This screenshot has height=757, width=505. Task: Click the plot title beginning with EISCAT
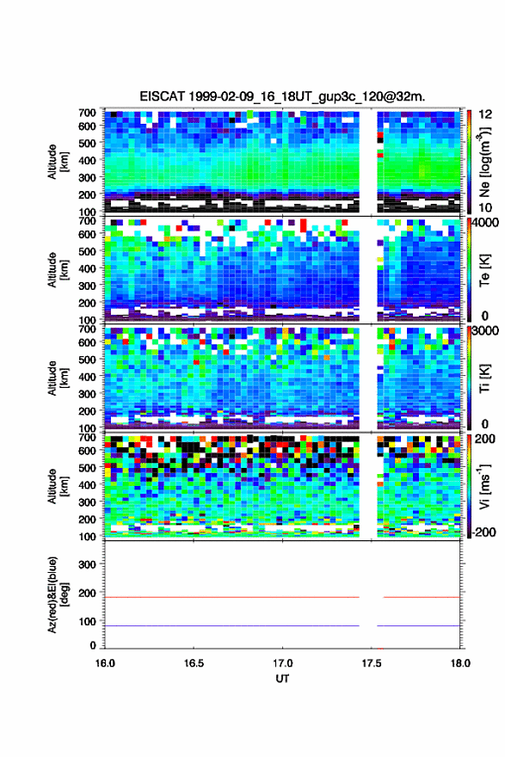click(282, 96)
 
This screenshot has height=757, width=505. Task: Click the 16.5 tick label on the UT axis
click(193, 663)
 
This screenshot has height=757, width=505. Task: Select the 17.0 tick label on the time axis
click(282, 663)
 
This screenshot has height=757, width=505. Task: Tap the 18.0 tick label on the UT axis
click(460, 663)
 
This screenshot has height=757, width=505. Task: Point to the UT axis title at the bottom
click(282, 679)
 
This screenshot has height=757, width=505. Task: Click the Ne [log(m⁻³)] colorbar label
click(484, 162)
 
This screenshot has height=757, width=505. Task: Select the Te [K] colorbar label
click(484, 271)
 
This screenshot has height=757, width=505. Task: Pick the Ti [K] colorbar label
click(484, 378)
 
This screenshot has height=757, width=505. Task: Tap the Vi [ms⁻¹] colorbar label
click(484, 487)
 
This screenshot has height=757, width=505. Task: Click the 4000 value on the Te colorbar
click(485, 223)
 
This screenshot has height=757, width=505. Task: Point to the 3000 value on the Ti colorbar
click(485, 331)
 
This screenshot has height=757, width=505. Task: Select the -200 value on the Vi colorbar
click(482, 532)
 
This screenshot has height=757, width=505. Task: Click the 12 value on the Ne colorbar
click(485, 114)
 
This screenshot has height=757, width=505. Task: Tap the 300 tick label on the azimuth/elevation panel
click(88, 564)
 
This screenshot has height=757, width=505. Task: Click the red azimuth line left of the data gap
click(232, 597)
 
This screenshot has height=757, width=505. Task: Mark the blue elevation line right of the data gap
click(419, 625)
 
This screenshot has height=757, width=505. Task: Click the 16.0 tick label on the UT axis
click(105, 663)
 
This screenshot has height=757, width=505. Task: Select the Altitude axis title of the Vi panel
click(56, 486)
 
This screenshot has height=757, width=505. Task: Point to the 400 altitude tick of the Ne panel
click(88, 160)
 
